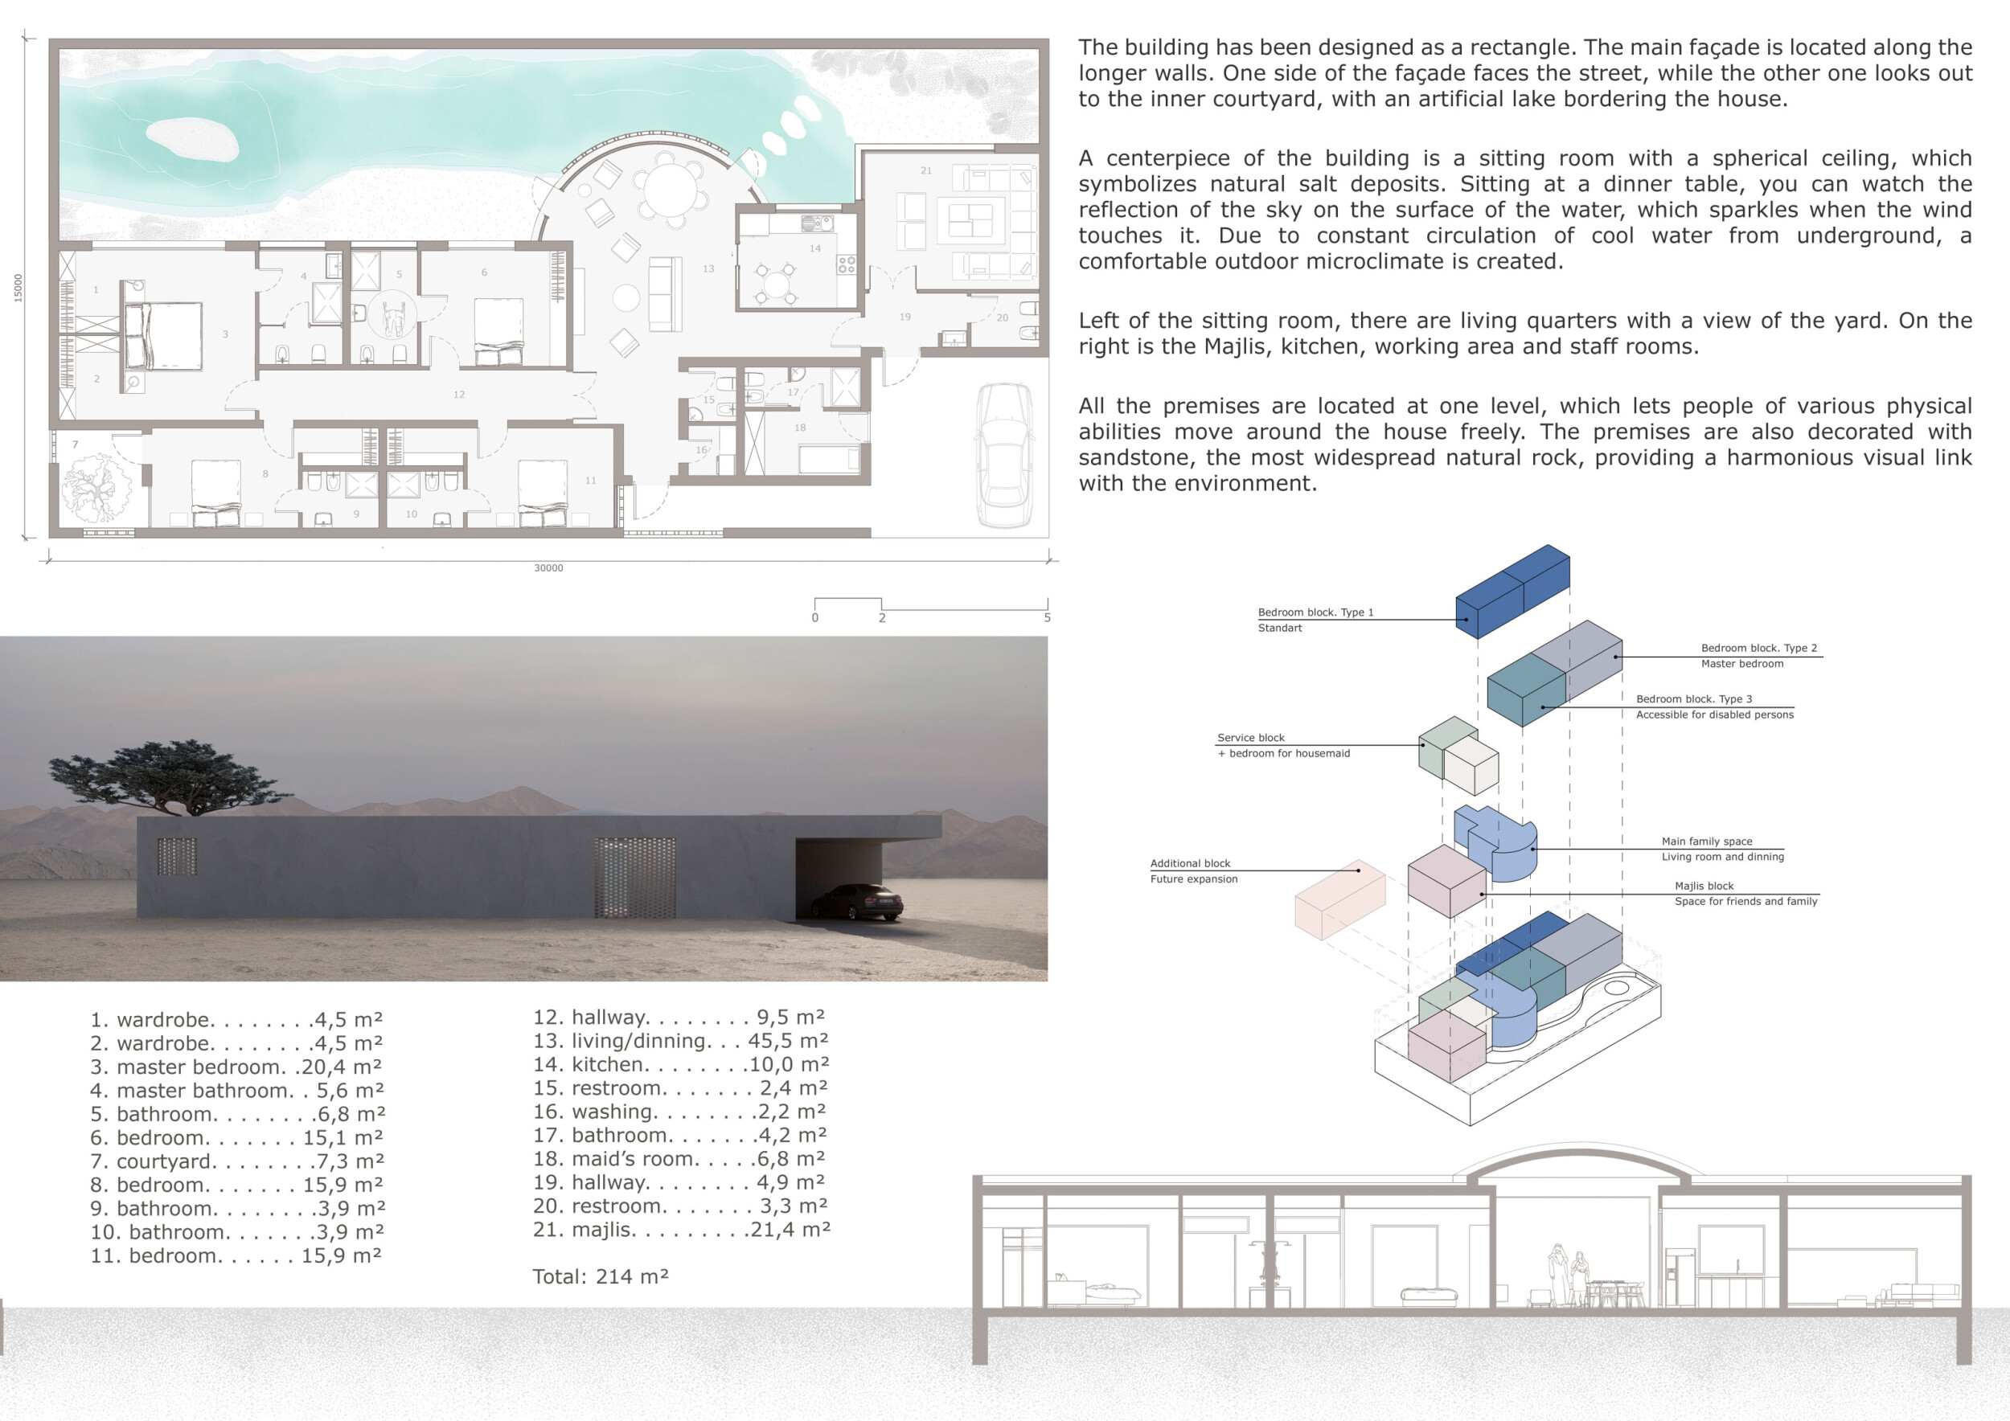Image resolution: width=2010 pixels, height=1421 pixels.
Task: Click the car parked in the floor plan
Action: (1004, 455)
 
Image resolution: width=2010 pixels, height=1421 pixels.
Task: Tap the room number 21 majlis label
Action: (926, 170)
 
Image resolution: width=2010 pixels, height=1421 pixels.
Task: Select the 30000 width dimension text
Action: (549, 569)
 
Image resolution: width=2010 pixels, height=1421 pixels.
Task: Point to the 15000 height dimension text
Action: (18, 288)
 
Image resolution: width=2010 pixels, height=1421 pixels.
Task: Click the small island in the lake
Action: (191, 140)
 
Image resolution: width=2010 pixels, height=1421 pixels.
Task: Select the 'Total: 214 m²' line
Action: (601, 1276)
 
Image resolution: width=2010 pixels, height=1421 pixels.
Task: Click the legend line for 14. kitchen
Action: (681, 1065)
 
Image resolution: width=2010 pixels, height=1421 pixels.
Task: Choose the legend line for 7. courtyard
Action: (237, 1161)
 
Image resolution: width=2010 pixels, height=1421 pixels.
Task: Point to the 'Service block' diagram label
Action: (1251, 738)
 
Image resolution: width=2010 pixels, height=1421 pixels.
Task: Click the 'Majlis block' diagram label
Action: (1704, 887)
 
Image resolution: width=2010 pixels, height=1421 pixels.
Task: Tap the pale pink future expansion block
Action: (1339, 899)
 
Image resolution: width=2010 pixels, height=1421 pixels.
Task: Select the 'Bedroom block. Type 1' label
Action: (1316, 612)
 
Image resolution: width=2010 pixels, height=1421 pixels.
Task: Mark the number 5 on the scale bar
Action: (1047, 618)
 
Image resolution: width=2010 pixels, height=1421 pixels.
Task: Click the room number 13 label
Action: (708, 268)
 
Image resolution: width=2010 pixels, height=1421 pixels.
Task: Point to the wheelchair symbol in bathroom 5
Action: (393, 316)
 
